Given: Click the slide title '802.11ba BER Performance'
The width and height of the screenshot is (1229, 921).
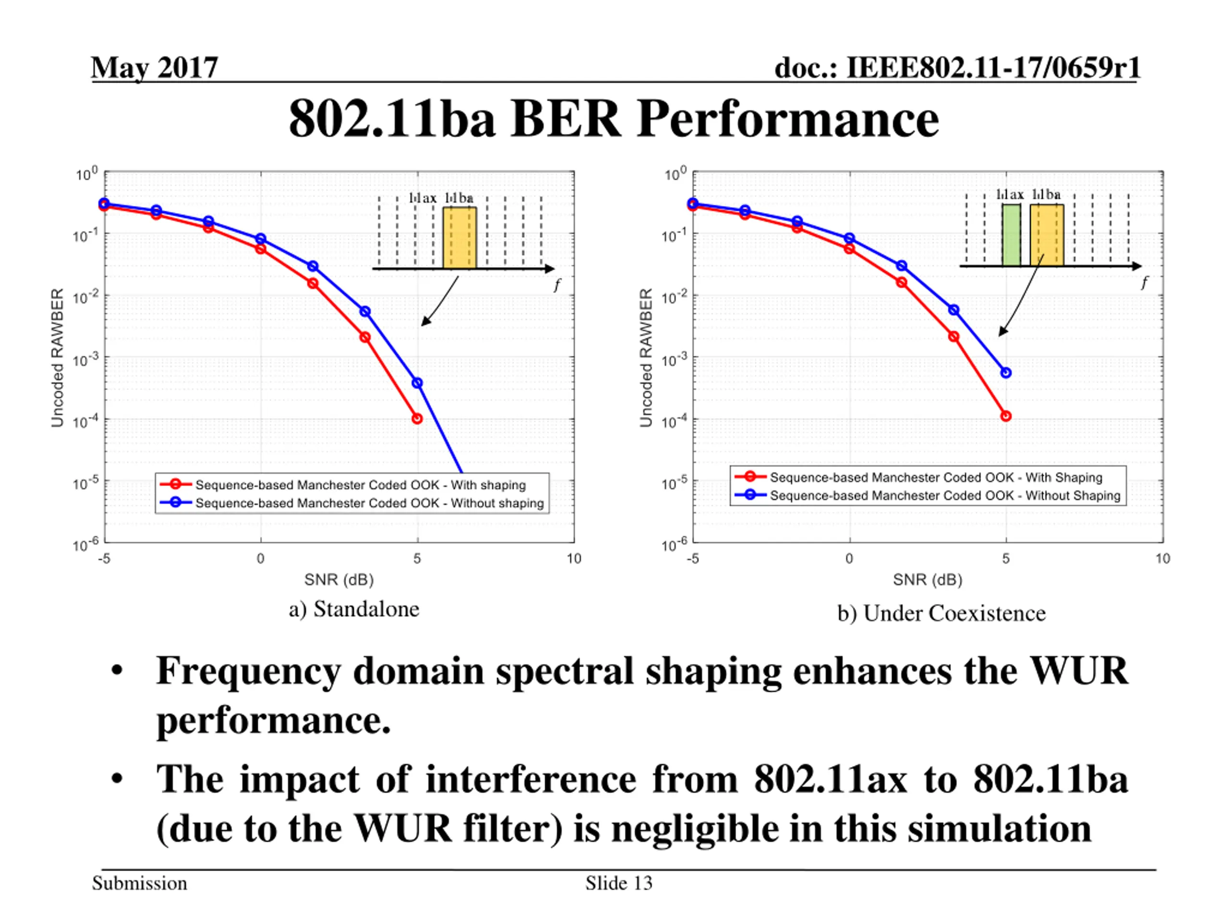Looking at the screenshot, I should [614, 119].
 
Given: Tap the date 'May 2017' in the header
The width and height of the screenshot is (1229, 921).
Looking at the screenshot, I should [155, 68].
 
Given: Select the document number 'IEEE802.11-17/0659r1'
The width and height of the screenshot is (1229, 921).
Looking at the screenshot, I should [993, 68].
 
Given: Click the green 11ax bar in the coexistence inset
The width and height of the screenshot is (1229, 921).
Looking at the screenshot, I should [1011, 235].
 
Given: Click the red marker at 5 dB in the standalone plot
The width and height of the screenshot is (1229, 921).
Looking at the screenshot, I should [417, 419].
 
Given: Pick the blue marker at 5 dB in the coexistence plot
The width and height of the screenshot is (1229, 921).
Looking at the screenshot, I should [1006, 373].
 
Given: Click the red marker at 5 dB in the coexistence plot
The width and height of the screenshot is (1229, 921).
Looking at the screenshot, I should [1006, 416].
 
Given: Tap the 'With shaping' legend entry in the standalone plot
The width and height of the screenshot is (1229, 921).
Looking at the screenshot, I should [360, 484].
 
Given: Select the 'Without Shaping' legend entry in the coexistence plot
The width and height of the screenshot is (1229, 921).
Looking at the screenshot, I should [944, 495].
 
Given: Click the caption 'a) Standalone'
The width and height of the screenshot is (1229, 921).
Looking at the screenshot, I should [354, 609].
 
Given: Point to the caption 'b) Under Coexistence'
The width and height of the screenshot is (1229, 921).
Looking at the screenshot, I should [941, 614].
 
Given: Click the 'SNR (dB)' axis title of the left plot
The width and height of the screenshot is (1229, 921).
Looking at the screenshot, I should [338, 579].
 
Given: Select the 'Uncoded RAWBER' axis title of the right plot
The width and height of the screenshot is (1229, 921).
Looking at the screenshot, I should [645, 357].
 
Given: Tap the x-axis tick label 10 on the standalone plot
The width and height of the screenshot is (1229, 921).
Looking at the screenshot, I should [573, 558].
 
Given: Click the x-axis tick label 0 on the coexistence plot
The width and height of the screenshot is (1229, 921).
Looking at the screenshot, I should [849, 558].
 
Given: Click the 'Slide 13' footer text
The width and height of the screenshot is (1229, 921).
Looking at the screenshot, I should [618, 883].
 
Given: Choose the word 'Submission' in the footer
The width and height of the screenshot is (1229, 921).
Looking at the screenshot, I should [139, 883].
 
